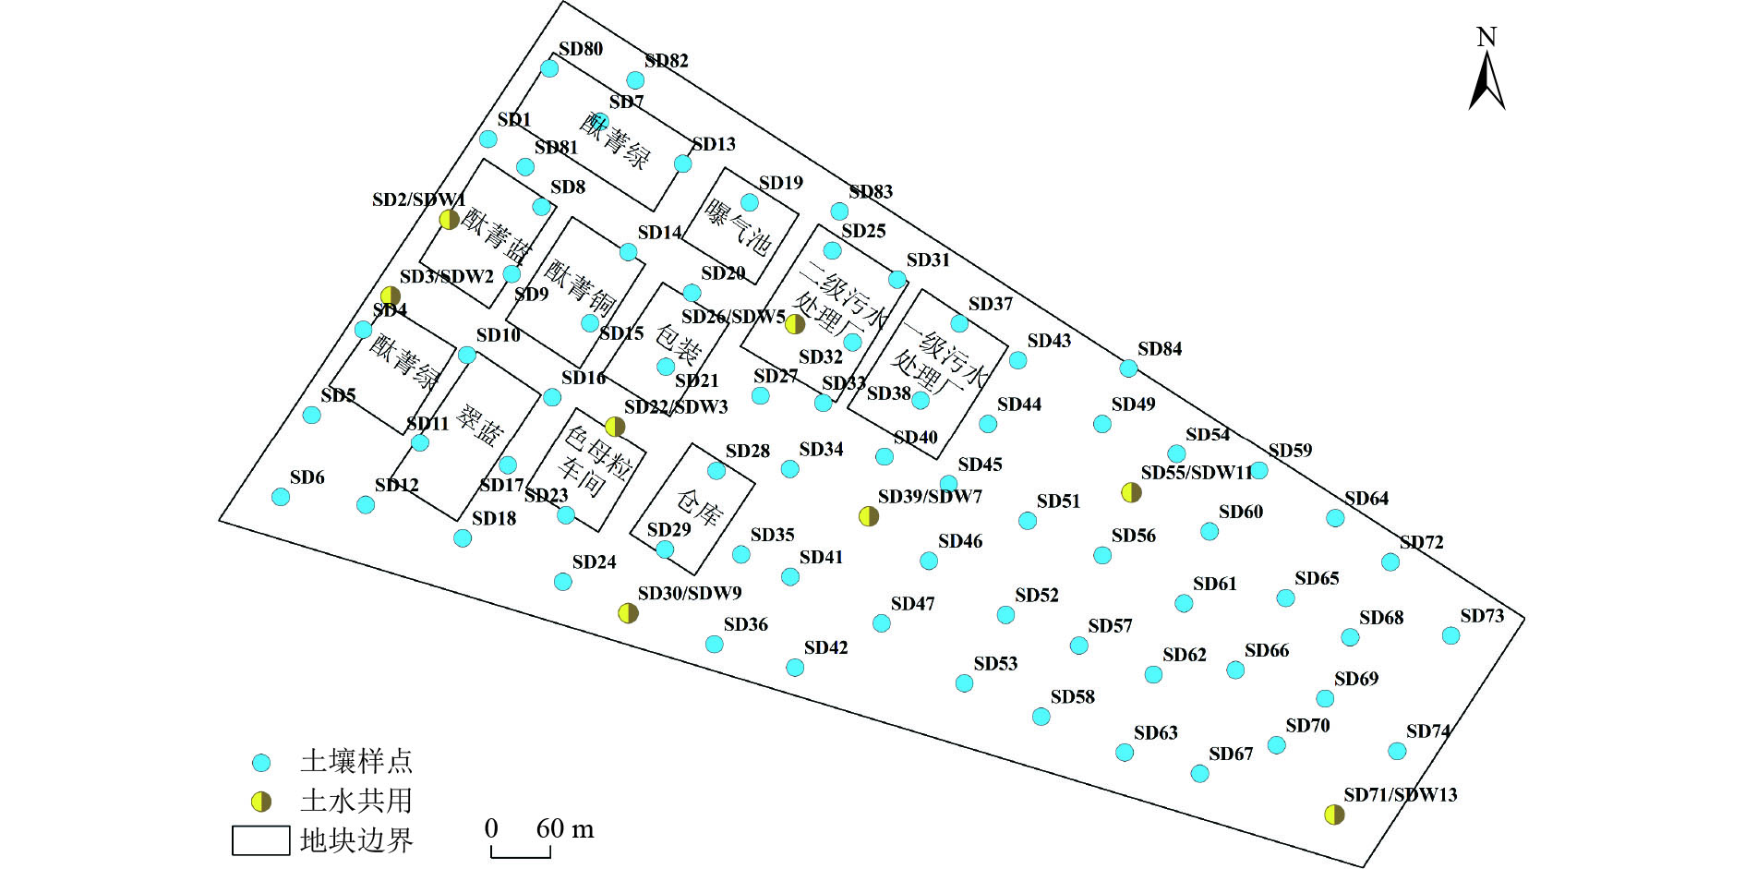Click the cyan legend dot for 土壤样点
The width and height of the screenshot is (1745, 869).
[262, 763]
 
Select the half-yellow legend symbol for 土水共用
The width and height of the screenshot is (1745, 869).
[262, 802]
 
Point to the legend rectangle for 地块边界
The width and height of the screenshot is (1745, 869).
[260, 840]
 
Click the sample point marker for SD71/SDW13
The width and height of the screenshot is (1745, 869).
[1334, 815]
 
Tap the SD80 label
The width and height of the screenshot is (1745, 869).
[581, 50]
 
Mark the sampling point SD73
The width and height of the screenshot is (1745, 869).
[1450, 635]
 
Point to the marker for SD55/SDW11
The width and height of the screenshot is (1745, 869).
[1131, 492]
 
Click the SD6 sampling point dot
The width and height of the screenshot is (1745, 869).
[281, 497]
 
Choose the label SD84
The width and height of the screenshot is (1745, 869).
[1160, 349]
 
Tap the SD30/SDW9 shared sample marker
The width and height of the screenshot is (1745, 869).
[628, 613]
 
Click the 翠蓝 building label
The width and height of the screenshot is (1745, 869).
[480, 427]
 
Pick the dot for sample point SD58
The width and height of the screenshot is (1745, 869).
[1041, 717]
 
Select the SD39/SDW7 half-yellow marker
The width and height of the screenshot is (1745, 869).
[869, 516]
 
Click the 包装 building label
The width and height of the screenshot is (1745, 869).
[680, 344]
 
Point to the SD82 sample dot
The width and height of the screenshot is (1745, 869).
[635, 80]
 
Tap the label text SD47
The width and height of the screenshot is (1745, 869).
[912, 604]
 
